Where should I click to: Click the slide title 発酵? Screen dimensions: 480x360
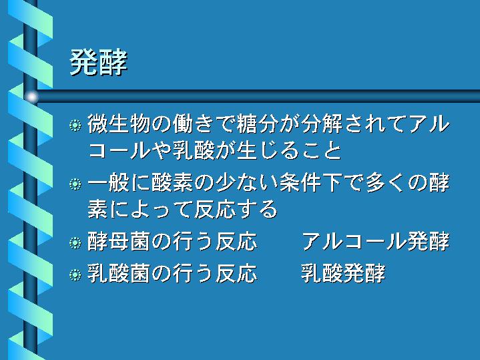(99, 63)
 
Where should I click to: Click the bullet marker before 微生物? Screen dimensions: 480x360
(75, 126)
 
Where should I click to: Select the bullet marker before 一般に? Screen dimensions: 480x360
(75, 184)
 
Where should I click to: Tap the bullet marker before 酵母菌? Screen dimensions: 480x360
(75, 242)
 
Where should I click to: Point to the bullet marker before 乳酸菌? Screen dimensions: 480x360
(75, 275)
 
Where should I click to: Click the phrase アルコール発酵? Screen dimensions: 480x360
(376, 241)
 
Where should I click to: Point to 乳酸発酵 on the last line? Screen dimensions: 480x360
(343, 273)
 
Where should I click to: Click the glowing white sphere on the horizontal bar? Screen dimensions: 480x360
(31, 97)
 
